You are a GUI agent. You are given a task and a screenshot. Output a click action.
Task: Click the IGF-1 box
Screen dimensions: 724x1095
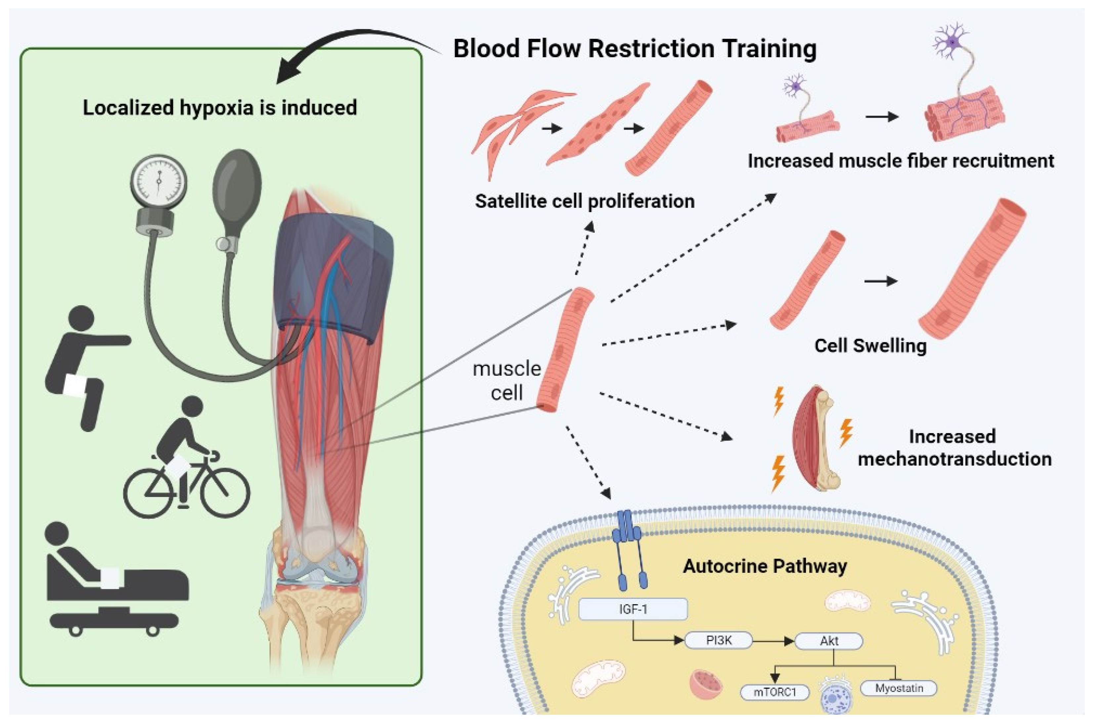click(633, 609)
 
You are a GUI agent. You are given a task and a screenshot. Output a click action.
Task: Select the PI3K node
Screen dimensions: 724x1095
click(719, 640)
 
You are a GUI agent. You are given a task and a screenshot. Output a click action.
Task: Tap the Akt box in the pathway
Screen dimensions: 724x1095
click(829, 640)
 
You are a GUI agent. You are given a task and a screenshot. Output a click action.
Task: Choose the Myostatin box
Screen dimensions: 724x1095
click(899, 688)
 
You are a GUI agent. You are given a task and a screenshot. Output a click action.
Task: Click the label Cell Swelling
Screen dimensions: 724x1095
click(870, 345)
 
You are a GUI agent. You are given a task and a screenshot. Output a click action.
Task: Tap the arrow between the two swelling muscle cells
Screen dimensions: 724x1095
click(880, 281)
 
